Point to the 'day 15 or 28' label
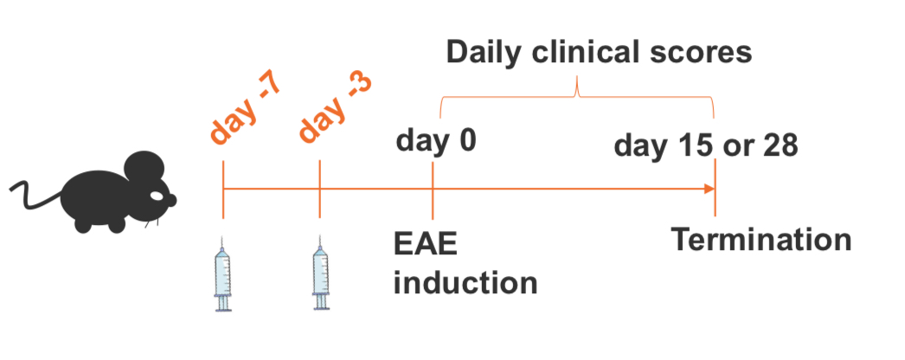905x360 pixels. click(706, 146)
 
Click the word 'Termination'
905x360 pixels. click(761, 239)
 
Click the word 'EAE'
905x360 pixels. click(426, 245)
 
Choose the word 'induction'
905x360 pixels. click(465, 282)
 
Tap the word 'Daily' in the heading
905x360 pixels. click(484, 54)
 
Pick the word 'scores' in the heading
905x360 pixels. click(709, 54)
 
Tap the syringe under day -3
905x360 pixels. click(321, 273)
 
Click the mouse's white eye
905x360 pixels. click(157, 196)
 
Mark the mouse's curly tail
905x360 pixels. click(35, 196)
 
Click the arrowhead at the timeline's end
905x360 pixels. click(710, 189)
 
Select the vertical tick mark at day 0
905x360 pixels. click(433, 189)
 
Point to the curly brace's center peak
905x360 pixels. click(577, 92)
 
